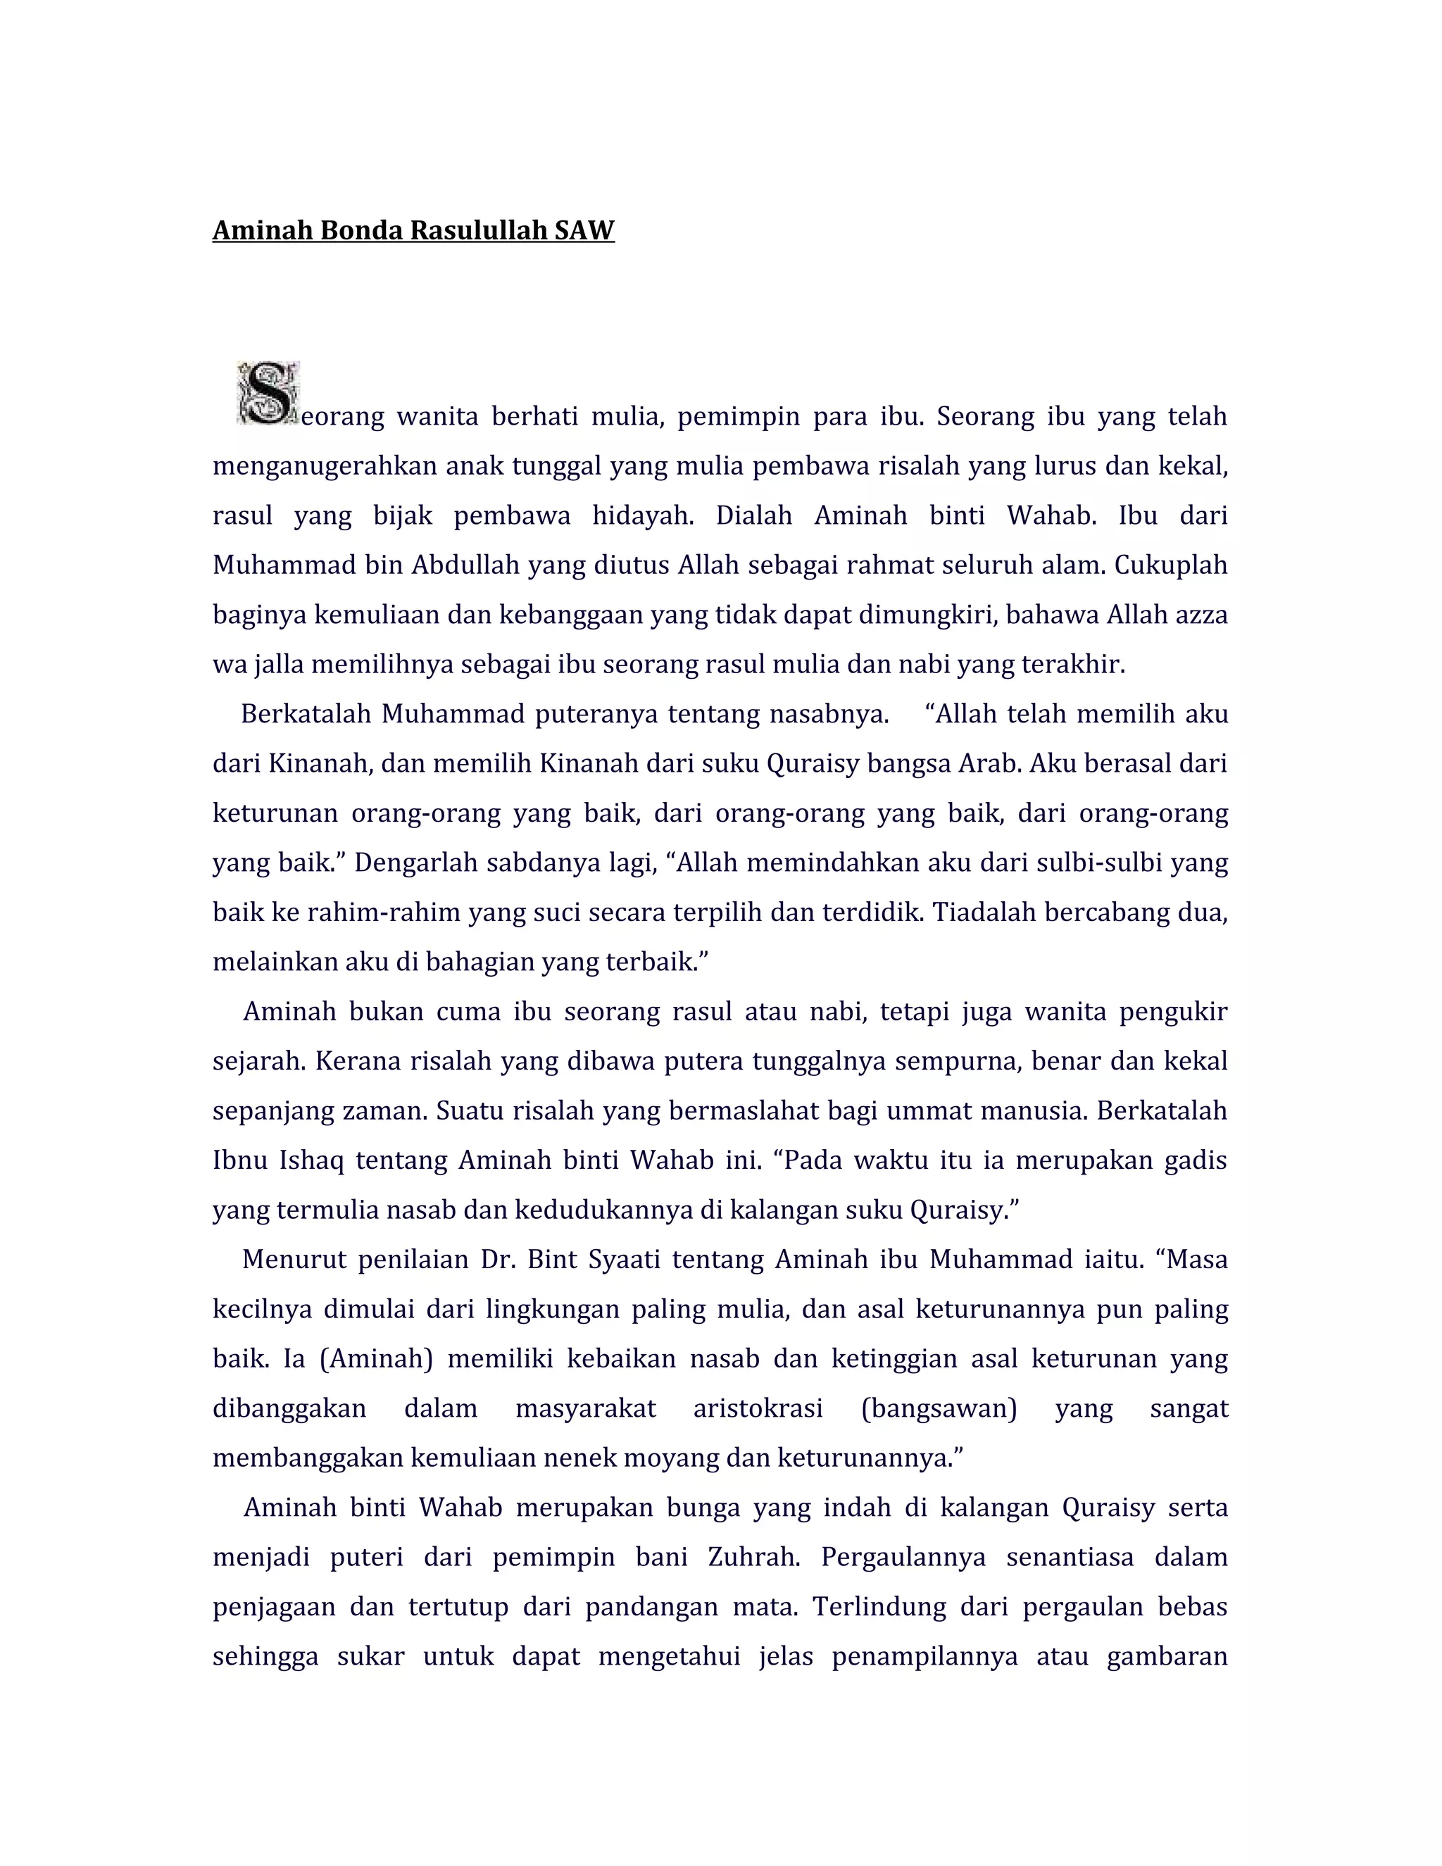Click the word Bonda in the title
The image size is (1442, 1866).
click(x=361, y=231)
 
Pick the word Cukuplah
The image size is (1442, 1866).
click(x=1170, y=565)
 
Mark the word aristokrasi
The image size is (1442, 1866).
click(x=758, y=1408)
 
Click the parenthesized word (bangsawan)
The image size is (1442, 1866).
click(x=939, y=1408)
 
